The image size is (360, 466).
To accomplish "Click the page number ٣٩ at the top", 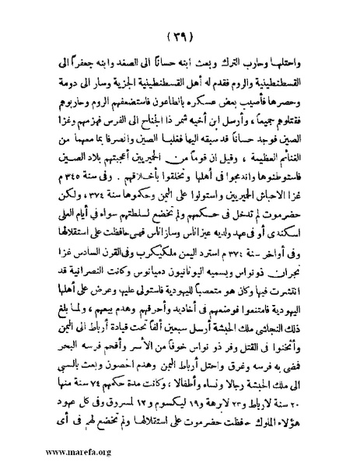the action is coord(180,39).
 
